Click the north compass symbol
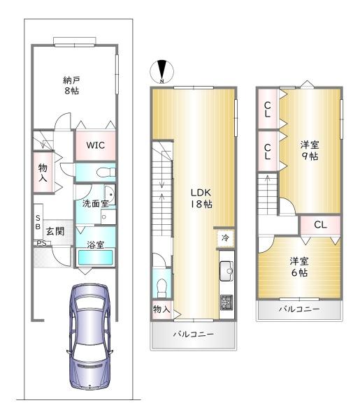tap(161, 72)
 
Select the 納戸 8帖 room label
tap(71, 85)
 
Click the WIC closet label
tap(96, 145)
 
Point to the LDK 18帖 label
tap(201, 198)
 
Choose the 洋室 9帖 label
tap(310, 150)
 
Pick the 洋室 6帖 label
tap(299, 267)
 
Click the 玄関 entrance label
tap(55, 231)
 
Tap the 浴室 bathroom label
tap(96, 244)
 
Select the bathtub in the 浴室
tap(96, 258)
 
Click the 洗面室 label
tap(95, 204)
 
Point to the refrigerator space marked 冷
tap(226, 237)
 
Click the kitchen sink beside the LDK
tap(226, 271)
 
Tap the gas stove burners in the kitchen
tap(226, 302)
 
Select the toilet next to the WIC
tap(106, 172)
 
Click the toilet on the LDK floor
tap(161, 288)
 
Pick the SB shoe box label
tap(38, 222)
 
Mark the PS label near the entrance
tap(41, 243)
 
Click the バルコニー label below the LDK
tap(194, 334)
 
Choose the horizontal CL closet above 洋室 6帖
tap(320, 225)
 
